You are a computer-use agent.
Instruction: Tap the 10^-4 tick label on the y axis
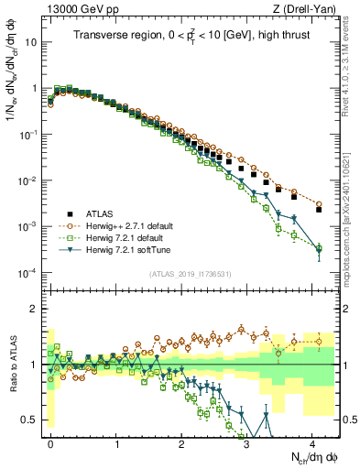tap(29, 272)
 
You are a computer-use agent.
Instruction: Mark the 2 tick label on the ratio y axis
tap(35, 308)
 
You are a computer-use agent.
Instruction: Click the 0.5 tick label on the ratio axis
tap(31, 420)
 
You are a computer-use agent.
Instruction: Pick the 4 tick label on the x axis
tap(313, 442)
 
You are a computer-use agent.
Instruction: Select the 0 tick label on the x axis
tap(50, 442)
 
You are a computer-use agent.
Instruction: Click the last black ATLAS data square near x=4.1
tap(319, 209)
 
